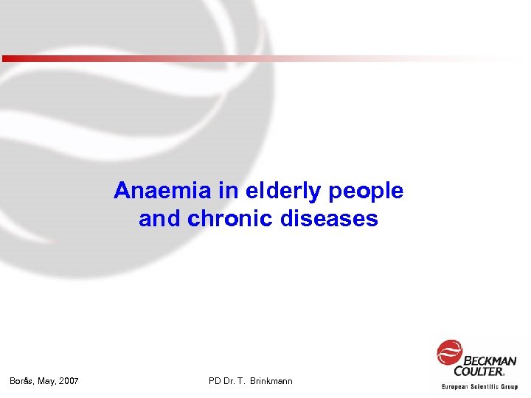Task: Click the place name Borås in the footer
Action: (22, 381)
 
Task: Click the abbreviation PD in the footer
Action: (215, 381)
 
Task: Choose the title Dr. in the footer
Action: (231, 381)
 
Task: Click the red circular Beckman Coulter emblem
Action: (449, 352)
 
